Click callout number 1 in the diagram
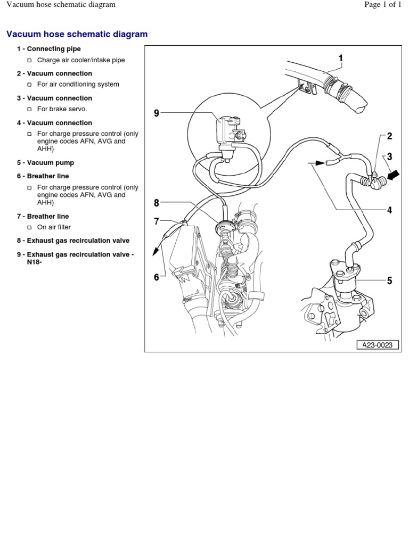(340, 59)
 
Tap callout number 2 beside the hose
(389, 136)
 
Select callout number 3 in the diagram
(389, 156)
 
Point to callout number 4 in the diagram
(389, 210)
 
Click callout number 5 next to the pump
(389, 280)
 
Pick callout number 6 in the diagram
(157, 277)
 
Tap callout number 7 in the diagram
(157, 221)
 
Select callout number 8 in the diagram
(157, 202)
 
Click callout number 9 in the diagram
(157, 113)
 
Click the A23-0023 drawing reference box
(378, 345)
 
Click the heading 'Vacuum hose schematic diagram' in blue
(77, 34)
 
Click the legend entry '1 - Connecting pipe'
(49, 49)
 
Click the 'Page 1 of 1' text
(382, 5)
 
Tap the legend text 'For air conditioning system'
(78, 84)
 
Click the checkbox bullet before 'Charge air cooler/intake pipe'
(30, 61)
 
